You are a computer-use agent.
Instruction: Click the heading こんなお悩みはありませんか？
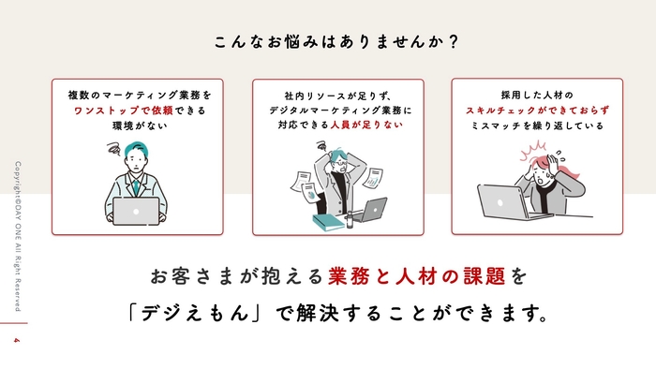pyautogui.click(x=327, y=42)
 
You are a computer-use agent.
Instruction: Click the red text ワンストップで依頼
pyautogui.click(x=115, y=110)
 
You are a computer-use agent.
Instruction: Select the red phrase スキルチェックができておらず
pyautogui.click(x=530, y=110)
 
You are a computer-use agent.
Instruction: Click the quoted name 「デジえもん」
pyautogui.click(x=199, y=313)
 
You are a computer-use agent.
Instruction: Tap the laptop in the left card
pyautogui.click(x=137, y=212)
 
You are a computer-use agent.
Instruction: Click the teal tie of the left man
pyautogui.click(x=137, y=187)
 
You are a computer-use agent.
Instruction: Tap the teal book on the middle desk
pyautogui.click(x=328, y=223)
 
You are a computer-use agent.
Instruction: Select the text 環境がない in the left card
pyautogui.click(x=137, y=125)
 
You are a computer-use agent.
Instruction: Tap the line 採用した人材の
pyautogui.click(x=530, y=95)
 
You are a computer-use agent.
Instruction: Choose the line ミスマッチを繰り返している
pyautogui.click(x=530, y=125)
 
